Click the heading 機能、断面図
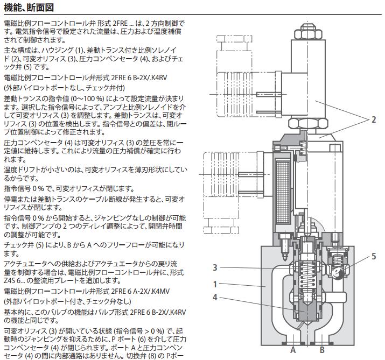point(29,8)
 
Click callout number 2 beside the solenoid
point(374,119)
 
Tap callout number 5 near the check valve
point(374,256)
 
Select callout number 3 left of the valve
point(215,267)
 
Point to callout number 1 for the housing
point(215,285)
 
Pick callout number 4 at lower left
point(215,298)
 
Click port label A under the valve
point(293,350)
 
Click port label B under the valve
point(322,350)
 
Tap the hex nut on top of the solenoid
point(308,32)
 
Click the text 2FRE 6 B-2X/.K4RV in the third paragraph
point(139,78)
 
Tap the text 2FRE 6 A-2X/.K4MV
point(140,291)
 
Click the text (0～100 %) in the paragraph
point(87,99)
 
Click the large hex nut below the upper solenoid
point(308,123)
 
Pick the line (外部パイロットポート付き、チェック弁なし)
point(67,301)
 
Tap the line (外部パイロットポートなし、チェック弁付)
point(64,88)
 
